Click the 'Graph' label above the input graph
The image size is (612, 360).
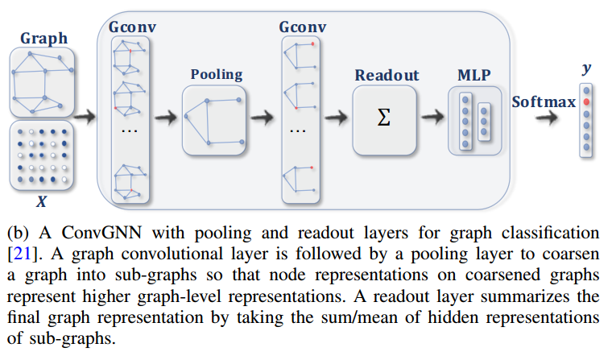pos(43,38)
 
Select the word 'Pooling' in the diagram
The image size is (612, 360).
pos(216,74)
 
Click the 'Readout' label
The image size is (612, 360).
pos(387,75)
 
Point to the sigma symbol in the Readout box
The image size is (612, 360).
pos(384,118)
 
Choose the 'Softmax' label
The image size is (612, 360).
pos(544,102)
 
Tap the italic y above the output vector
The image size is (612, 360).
pos(586,69)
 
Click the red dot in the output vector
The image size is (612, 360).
pos(587,103)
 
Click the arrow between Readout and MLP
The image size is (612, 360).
pos(432,118)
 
